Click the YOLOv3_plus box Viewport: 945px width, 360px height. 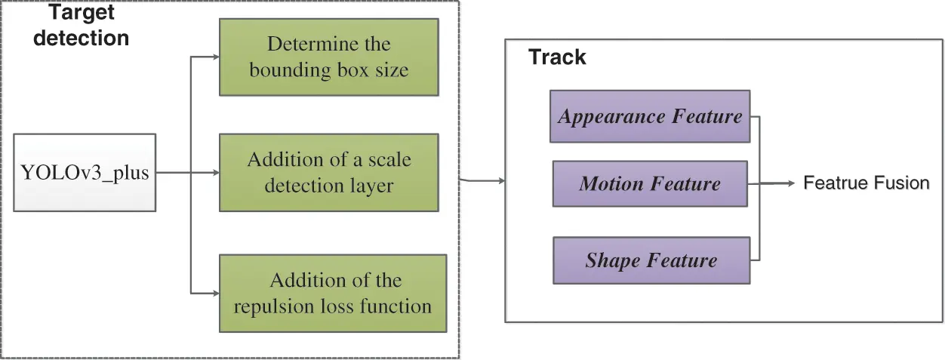click(85, 173)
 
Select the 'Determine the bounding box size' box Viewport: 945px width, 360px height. click(328, 57)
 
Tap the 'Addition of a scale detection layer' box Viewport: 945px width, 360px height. click(328, 173)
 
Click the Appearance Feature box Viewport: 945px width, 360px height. click(650, 116)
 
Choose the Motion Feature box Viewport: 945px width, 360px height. click(650, 183)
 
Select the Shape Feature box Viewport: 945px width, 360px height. click(651, 260)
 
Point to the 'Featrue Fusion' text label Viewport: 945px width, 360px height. click(866, 183)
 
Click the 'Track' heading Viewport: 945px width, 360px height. click(557, 57)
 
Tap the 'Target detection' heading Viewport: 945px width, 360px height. click(81, 25)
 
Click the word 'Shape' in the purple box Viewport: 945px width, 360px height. click(611, 260)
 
